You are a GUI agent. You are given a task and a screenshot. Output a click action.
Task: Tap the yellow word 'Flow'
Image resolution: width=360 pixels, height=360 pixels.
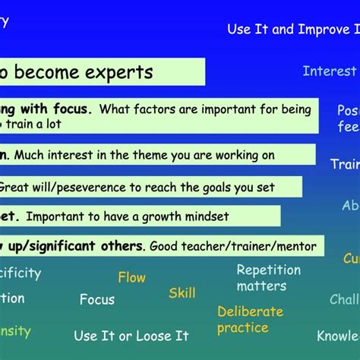pyautogui.click(x=131, y=278)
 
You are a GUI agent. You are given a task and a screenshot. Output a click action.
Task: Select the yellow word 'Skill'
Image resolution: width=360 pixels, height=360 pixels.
pyautogui.click(x=182, y=293)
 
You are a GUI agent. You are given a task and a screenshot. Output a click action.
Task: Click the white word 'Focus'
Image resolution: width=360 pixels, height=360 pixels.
pyautogui.click(x=97, y=299)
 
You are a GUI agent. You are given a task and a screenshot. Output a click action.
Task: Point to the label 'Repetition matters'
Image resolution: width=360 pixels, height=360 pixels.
pyautogui.click(x=268, y=278)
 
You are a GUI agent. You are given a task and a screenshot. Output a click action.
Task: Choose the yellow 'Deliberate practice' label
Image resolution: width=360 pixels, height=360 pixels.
pyautogui.click(x=250, y=320)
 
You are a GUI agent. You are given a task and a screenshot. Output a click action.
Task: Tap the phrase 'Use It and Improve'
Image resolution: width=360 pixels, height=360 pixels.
pyautogui.click(x=281, y=29)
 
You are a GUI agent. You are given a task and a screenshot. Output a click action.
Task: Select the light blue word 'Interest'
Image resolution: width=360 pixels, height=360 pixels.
pyautogui.click(x=329, y=71)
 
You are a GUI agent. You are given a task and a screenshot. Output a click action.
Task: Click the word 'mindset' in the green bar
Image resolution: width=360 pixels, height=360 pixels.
pyautogui.click(x=205, y=216)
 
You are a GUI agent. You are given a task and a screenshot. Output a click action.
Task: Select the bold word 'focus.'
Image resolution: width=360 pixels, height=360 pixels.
pyautogui.click(x=70, y=109)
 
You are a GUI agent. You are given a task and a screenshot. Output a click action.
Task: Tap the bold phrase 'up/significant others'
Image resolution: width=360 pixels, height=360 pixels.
pyautogui.click(x=75, y=246)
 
